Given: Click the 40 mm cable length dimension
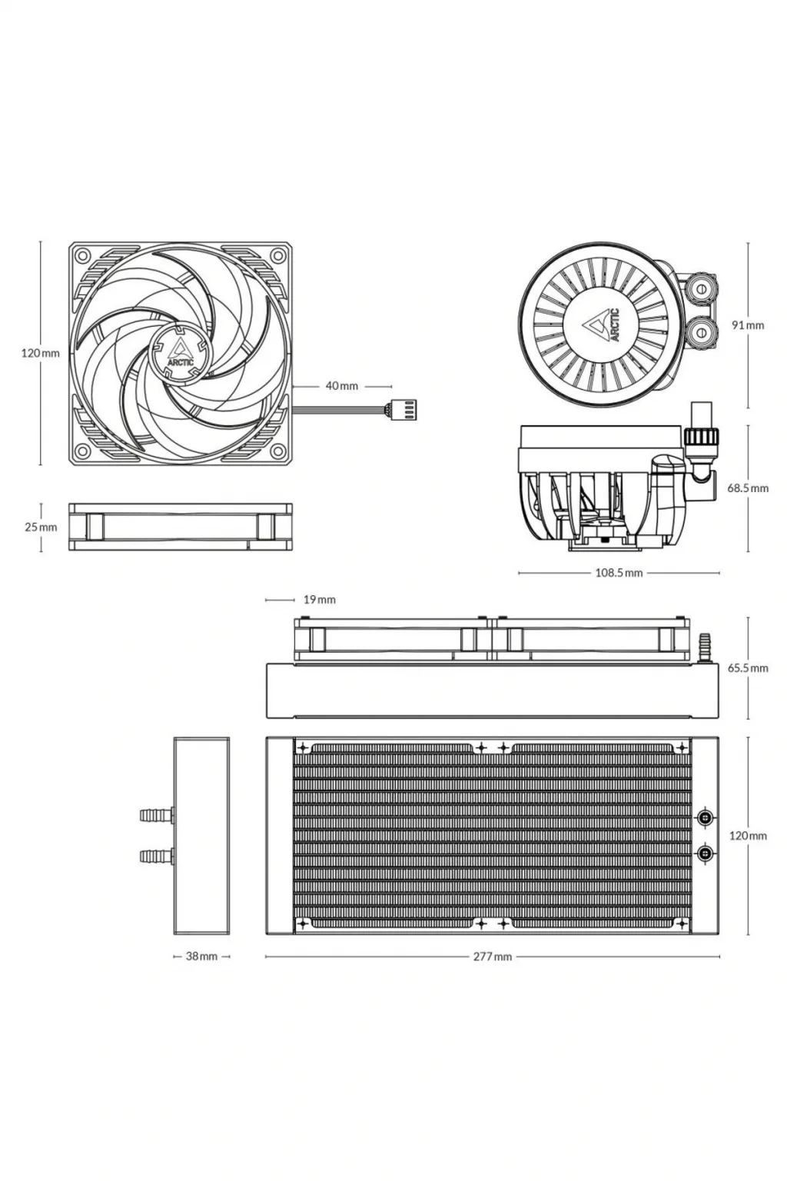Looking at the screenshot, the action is (x=341, y=386).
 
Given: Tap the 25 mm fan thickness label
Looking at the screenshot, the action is (x=41, y=527).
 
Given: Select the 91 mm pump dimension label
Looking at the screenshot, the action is (x=748, y=325).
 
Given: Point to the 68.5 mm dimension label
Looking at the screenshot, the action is (x=748, y=488).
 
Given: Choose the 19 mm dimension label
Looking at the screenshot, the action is (x=320, y=600).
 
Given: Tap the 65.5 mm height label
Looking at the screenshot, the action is (x=748, y=668).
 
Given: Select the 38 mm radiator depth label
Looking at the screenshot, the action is (x=201, y=955).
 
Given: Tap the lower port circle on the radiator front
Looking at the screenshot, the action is (x=705, y=853).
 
